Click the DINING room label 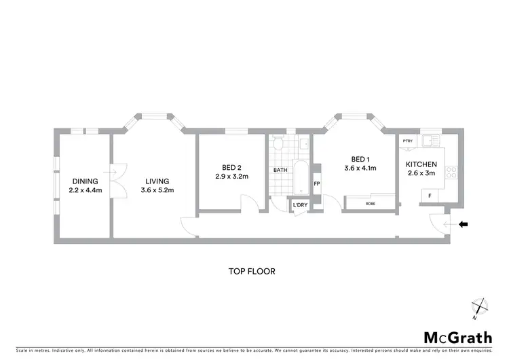(x=85, y=181)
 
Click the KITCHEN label (x=421, y=164)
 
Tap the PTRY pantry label (x=407, y=141)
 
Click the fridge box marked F (x=428, y=196)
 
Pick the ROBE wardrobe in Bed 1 (x=370, y=203)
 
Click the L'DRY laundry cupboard (x=299, y=205)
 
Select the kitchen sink (x=429, y=141)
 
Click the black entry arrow (x=464, y=223)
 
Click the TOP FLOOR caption (x=250, y=270)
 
